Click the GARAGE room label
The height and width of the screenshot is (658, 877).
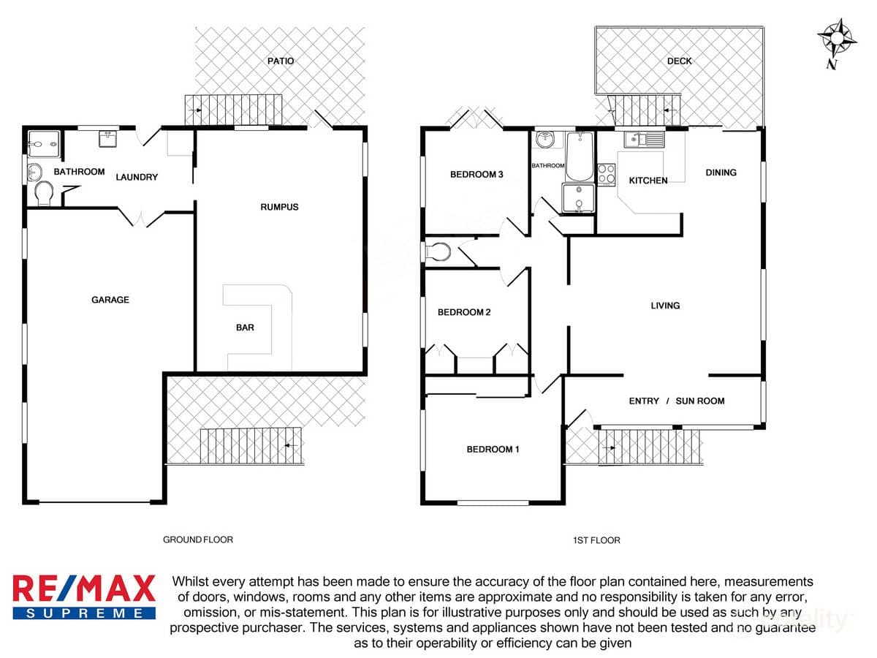pyautogui.click(x=110, y=300)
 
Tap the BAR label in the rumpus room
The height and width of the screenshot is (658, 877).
pyautogui.click(x=245, y=328)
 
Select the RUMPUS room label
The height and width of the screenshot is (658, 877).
pyautogui.click(x=279, y=207)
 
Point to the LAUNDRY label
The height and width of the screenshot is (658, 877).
pyautogui.click(x=136, y=177)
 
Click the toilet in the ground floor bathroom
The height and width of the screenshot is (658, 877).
pyautogui.click(x=44, y=194)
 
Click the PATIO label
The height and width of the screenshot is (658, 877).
pyautogui.click(x=280, y=61)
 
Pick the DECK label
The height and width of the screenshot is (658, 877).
pyautogui.click(x=679, y=61)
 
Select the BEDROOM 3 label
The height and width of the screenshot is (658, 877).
pyautogui.click(x=477, y=174)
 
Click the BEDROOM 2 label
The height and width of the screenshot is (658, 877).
pyautogui.click(x=463, y=312)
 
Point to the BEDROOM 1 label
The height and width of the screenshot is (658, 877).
pyautogui.click(x=493, y=449)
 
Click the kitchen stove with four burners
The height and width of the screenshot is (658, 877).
pyautogui.click(x=607, y=173)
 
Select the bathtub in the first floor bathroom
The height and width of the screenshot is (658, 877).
pyautogui.click(x=580, y=156)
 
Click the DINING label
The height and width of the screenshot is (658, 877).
pyautogui.click(x=721, y=173)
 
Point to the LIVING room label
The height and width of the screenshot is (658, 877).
pyautogui.click(x=665, y=306)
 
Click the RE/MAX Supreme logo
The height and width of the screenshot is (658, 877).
pyautogui.click(x=84, y=597)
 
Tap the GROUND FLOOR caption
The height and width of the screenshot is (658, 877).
pyautogui.click(x=197, y=540)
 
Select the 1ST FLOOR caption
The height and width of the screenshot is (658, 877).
pyautogui.click(x=596, y=540)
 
